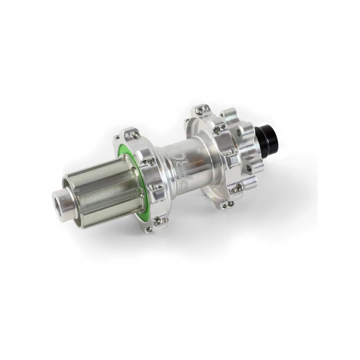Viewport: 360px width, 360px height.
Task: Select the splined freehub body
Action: (107, 190)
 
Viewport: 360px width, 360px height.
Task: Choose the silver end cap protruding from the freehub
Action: (63, 200)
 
